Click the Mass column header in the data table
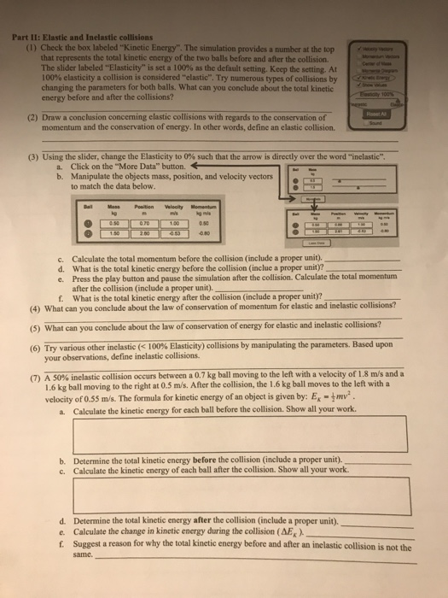coord(114,207)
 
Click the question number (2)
coord(32,117)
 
